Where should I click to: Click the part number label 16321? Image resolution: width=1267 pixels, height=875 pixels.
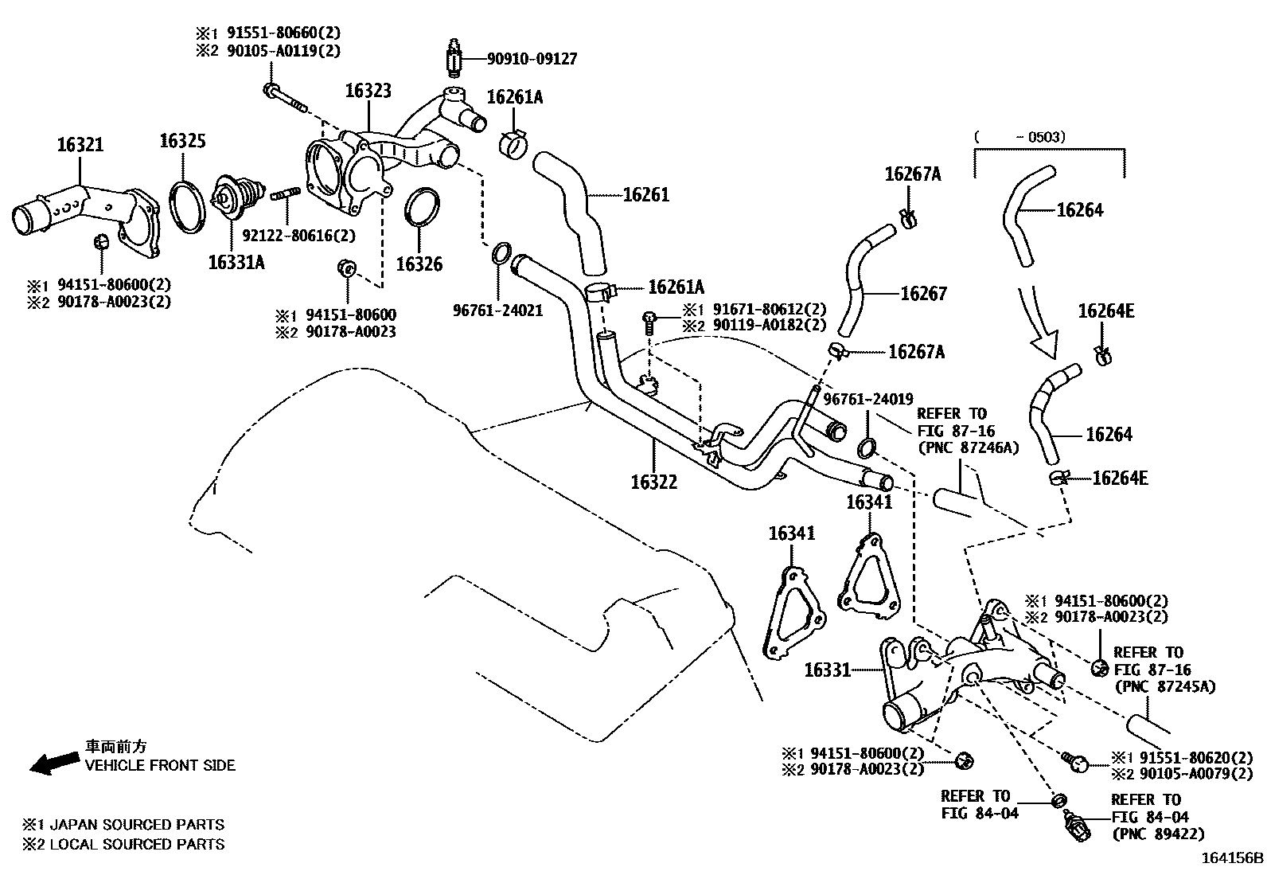[80, 145]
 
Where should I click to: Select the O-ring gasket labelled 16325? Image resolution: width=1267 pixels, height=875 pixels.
[187, 206]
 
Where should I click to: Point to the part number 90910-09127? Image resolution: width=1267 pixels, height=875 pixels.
[532, 59]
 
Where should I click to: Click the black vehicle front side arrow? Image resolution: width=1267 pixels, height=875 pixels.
[54, 762]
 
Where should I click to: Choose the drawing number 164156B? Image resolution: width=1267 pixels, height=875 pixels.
[1232, 858]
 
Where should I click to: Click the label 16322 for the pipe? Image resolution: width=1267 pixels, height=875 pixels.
[654, 482]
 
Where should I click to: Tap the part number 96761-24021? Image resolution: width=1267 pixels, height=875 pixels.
[497, 311]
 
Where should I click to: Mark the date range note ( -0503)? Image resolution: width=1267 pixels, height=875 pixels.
[1020, 137]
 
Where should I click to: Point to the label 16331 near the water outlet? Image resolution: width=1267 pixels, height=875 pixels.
[828, 670]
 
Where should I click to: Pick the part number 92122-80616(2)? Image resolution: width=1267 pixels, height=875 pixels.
[298, 236]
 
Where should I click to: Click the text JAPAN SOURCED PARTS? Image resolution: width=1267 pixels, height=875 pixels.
[137, 824]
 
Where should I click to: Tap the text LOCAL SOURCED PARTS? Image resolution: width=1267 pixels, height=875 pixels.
[137, 844]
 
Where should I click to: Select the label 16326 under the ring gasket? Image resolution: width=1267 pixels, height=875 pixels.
[419, 264]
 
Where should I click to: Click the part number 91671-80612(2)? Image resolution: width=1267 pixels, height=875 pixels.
[770, 309]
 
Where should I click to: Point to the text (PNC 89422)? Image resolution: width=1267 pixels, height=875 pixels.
[1159, 834]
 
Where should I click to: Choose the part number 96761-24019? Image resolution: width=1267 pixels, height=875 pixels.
[868, 399]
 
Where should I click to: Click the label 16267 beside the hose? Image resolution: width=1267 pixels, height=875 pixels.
[923, 293]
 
